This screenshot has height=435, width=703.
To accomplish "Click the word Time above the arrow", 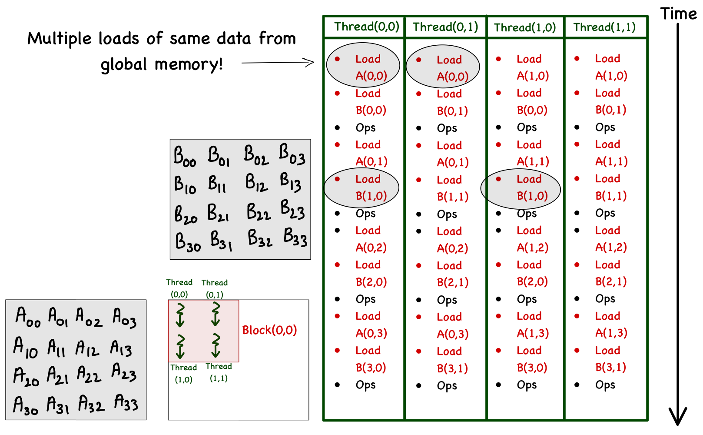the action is click(x=678, y=14).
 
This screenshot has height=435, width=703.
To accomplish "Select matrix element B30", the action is click(x=188, y=242).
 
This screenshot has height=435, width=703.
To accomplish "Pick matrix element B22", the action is click(x=259, y=212).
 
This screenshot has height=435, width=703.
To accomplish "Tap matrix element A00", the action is click(x=28, y=317).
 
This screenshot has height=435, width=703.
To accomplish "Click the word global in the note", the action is click(x=124, y=64).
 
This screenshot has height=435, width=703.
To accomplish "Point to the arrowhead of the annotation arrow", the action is click(x=312, y=62).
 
